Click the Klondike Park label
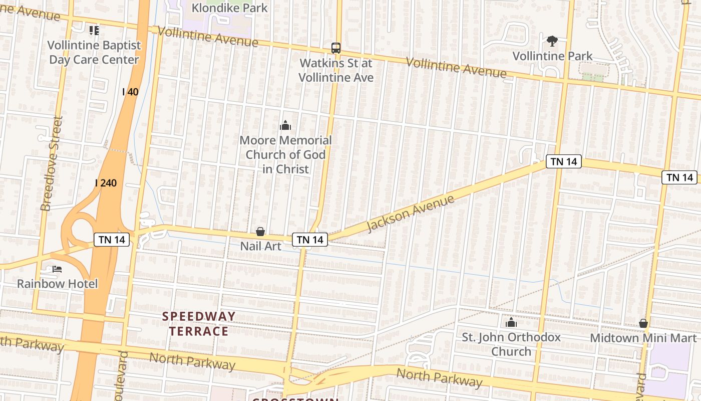[230, 8]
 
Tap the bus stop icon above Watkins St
[336, 48]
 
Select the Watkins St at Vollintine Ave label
[336, 70]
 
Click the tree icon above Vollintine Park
[552, 41]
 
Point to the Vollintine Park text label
[552, 56]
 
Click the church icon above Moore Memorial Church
[285, 125]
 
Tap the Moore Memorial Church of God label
[285, 154]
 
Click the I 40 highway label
[130, 92]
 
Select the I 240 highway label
[106, 183]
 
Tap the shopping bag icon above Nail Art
[260, 232]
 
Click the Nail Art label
[260, 246]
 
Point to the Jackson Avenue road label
[410, 214]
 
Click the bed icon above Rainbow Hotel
[57, 269]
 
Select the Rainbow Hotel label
[57, 284]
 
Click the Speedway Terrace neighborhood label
[199, 323]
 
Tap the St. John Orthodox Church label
[511, 344]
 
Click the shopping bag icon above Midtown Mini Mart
[643, 323]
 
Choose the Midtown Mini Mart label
[643, 338]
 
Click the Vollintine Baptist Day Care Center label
[94, 52]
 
